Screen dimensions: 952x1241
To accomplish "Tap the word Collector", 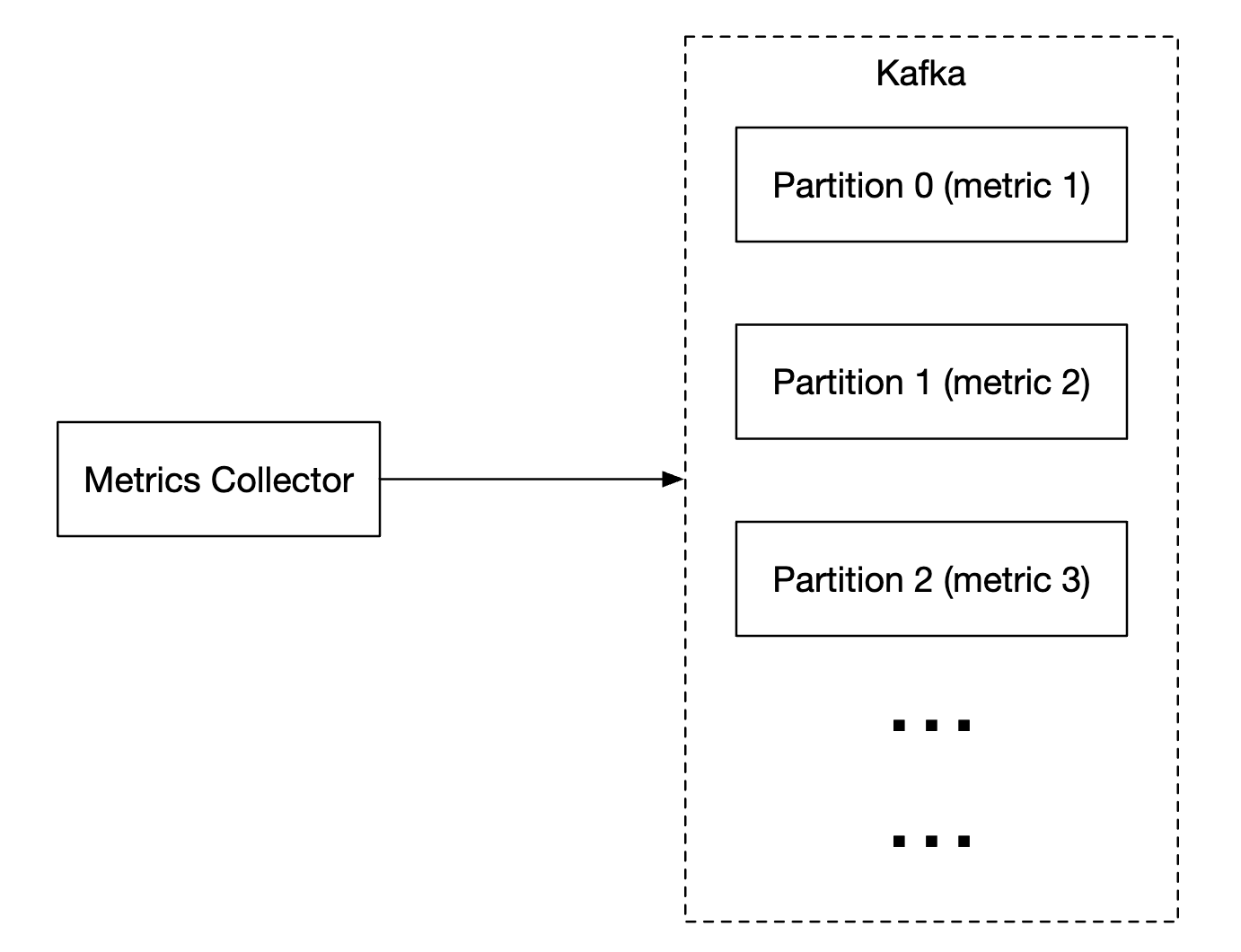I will click(282, 480).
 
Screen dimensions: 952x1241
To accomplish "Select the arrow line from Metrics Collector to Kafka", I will click(521, 480).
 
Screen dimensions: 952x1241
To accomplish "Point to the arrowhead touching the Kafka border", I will click(673, 480).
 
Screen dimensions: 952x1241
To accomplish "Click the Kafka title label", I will click(920, 74).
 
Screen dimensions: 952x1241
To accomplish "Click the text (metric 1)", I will click(1017, 186).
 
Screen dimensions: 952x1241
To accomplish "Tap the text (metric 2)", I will click(1017, 383).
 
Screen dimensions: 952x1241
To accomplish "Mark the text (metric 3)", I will click(1017, 580).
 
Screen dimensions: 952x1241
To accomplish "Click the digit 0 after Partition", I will click(923, 186).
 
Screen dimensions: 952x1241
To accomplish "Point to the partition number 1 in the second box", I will click(923, 383).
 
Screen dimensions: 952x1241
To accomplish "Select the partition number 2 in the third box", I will click(923, 580).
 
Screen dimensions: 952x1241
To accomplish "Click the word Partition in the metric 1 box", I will click(838, 186).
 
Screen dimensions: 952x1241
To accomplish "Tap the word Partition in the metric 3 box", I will click(838, 580).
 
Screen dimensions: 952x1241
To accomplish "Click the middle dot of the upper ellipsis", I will click(931, 725).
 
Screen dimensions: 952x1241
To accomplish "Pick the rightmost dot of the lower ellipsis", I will click(964, 842).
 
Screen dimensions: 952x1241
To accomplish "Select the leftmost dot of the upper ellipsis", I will click(899, 725).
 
